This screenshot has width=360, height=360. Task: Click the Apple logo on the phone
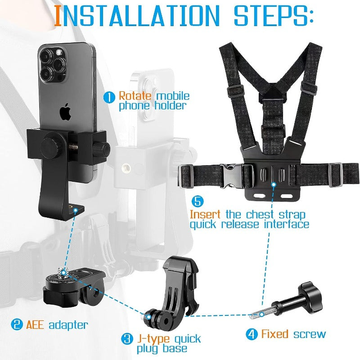66,112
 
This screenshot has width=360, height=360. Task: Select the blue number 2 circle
17,324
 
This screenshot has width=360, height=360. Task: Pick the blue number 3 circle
128,339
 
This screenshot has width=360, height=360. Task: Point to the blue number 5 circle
196,201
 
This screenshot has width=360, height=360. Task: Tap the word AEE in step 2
35,324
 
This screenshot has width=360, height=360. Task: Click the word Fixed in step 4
274,334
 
